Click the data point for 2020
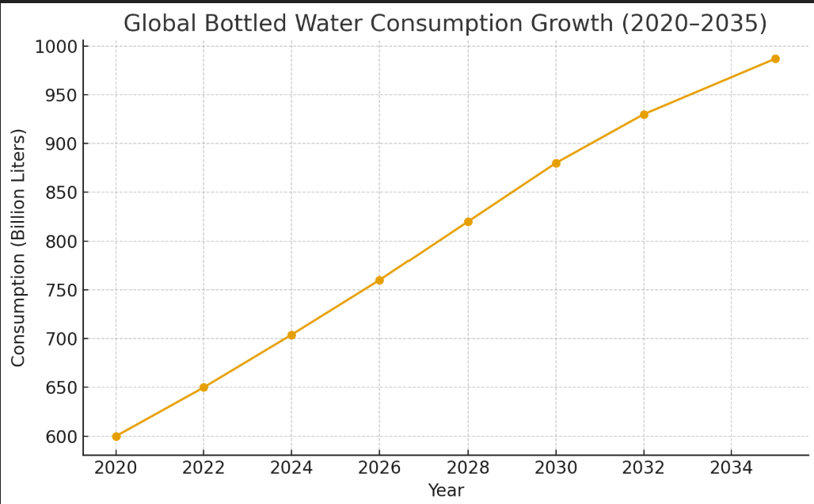[116, 437]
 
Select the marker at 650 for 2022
[203, 388]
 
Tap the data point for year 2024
[291, 335]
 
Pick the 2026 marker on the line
[379, 281]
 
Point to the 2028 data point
[468, 222]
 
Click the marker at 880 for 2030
[556, 163]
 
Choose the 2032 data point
[644, 115]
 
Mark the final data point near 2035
[775, 59]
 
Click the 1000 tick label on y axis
[55, 47]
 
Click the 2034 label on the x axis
[731, 468]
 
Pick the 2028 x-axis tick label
[468, 468]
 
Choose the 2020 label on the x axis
[116, 468]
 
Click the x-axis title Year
[446, 491]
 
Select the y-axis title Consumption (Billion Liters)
[19, 247]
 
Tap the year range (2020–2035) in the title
[694, 24]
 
